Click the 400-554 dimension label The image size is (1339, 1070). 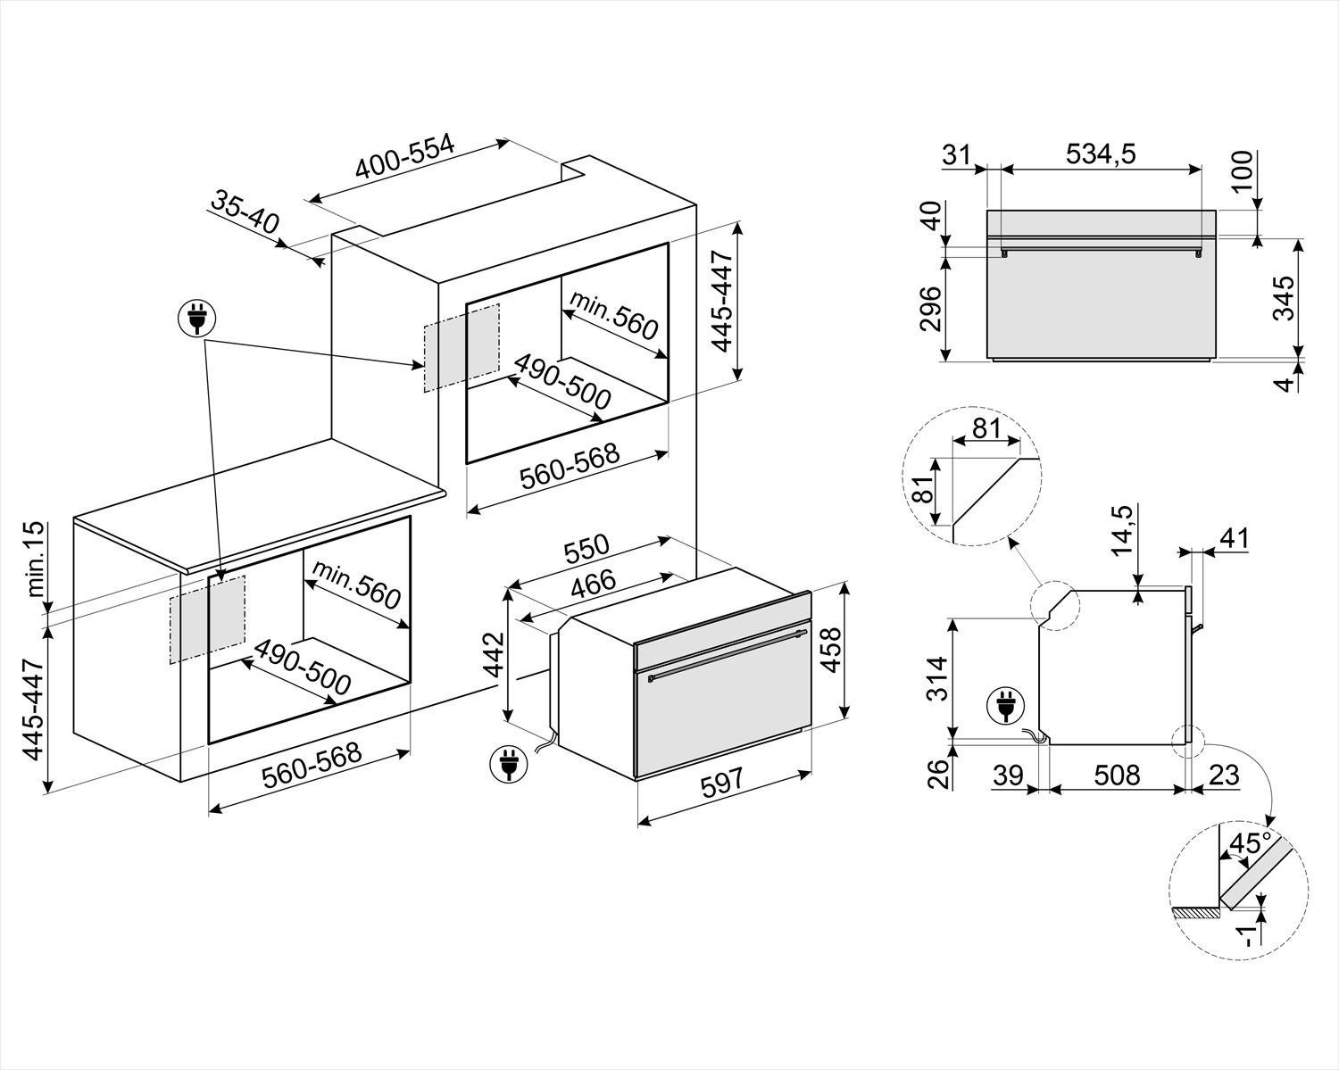tap(405, 158)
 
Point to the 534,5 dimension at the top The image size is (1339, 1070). tap(1101, 154)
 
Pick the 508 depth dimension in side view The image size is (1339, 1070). tap(1117, 775)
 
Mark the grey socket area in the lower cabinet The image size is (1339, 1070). tap(207, 618)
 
